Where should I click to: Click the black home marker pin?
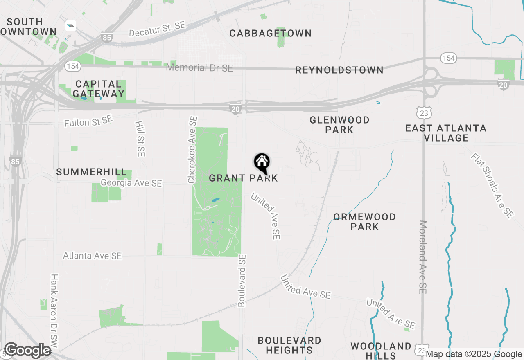pyautogui.click(x=262, y=163)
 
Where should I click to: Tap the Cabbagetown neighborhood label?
pyautogui.click(x=271, y=33)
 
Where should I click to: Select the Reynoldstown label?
pyautogui.click(x=339, y=70)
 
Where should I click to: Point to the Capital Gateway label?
pyautogui.click(x=99, y=89)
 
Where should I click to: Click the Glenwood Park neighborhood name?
pyautogui.click(x=339, y=125)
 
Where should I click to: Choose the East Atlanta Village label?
pyautogui.click(x=446, y=133)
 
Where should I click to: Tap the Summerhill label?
pyautogui.click(x=92, y=172)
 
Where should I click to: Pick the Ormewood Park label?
pyautogui.click(x=364, y=222)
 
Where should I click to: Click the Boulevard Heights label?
pyautogui.click(x=289, y=345)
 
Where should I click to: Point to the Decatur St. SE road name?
pyautogui.click(x=157, y=29)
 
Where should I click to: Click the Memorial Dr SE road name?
pyautogui.click(x=199, y=67)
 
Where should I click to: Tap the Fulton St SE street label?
pyautogui.click(x=88, y=121)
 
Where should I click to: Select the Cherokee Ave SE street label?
pyautogui.click(x=192, y=150)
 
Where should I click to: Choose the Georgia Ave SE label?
pyautogui.click(x=131, y=183)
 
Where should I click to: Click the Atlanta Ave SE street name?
pyautogui.click(x=93, y=256)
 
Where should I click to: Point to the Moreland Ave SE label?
pyautogui.click(x=423, y=257)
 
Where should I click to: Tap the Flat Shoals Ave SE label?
pyautogui.click(x=492, y=185)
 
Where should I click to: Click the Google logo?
pyautogui.click(x=27, y=351)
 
